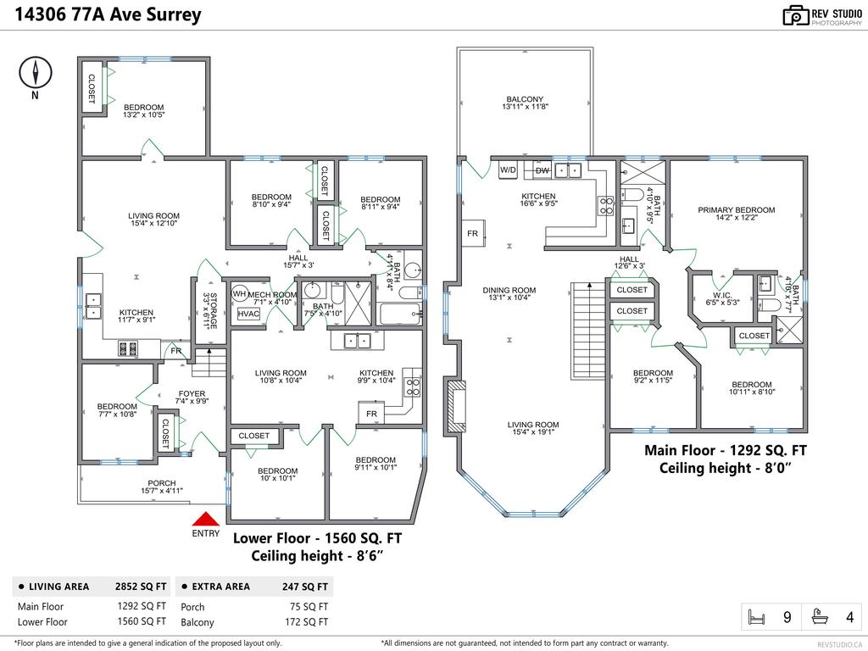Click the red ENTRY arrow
[x=205, y=519]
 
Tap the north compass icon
[x=35, y=74]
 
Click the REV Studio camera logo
[x=795, y=15]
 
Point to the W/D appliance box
[x=508, y=170]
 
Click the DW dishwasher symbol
[x=542, y=170]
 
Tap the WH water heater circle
[x=239, y=294]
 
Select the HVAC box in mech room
[x=248, y=314]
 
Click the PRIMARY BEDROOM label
[x=736, y=210]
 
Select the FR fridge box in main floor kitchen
[x=471, y=233]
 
